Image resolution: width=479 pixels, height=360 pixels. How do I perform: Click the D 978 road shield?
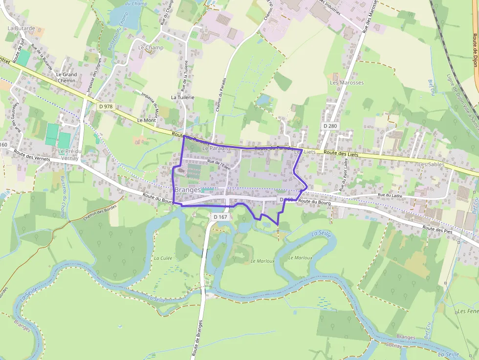106,106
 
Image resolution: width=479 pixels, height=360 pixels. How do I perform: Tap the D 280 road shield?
330,126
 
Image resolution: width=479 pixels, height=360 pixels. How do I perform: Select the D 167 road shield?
220,216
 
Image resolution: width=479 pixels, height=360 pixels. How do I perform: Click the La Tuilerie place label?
182,97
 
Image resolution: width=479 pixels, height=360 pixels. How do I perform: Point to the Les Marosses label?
347,83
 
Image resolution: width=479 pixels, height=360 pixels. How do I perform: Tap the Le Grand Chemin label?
66,78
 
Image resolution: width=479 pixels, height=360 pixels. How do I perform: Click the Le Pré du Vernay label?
69,154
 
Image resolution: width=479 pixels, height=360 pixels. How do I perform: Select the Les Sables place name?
431,164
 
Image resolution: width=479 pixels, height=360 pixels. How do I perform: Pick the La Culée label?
163,258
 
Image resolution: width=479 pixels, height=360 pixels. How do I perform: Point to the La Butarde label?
21,28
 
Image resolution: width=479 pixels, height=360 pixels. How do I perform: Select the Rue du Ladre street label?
390,195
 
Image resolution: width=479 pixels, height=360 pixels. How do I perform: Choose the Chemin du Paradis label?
218,95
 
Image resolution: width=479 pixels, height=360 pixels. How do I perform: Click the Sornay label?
394,346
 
